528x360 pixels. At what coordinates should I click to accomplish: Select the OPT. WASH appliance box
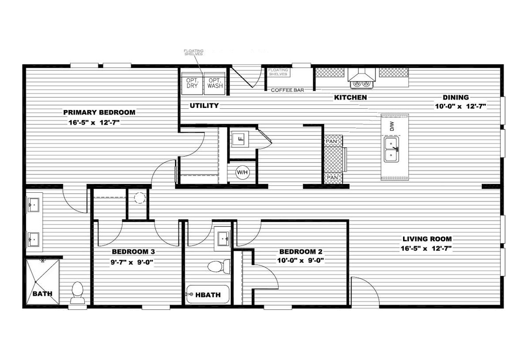pyautogui.click(x=215, y=84)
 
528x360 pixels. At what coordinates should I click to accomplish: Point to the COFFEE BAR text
pyautogui.click(x=288, y=90)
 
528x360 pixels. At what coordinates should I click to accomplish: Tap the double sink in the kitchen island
pyautogui.click(x=391, y=149)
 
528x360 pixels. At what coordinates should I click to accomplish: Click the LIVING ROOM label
pyautogui.click(x=427, y=239)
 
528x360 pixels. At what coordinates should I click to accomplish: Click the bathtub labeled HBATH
pyautogui.click(x=207, y=294)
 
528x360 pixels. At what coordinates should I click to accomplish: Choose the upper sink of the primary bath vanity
pyautogui.click(x=33, y=205)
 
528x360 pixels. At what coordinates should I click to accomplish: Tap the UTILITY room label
pyautogui.click(x=204, y=106)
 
